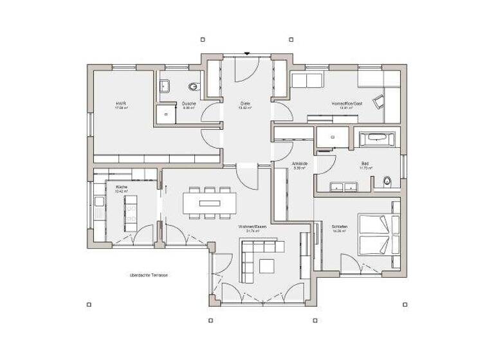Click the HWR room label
[119, 105]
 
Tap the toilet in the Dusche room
[193, 87]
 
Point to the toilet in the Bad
[386, 182]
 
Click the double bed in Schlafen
[374, 234]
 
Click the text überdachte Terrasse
[149, 275]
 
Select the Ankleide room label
[300, 165]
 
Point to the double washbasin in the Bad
[343, 187]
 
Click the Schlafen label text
[339, 228]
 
